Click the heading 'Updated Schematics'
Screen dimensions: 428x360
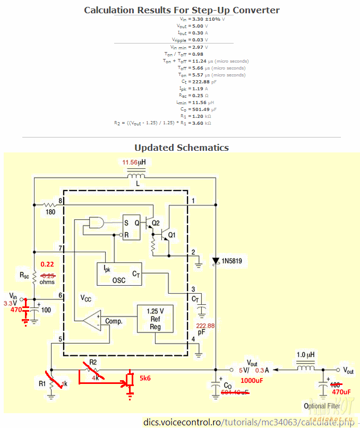(x=181, y=148)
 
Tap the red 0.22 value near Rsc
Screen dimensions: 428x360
(x=48, y=264)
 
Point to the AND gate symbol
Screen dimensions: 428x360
(x=97, y=222)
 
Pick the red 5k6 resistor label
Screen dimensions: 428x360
(x=145, y=379)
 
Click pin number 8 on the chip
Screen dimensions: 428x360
(x=61, y=201)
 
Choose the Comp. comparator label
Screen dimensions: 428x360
(x=114, y=321)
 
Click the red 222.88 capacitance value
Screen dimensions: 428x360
(x=205, y=326)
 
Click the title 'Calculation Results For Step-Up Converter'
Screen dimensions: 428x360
(x=182, y=10)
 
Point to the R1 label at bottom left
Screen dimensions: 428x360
(x=42, y=383)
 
